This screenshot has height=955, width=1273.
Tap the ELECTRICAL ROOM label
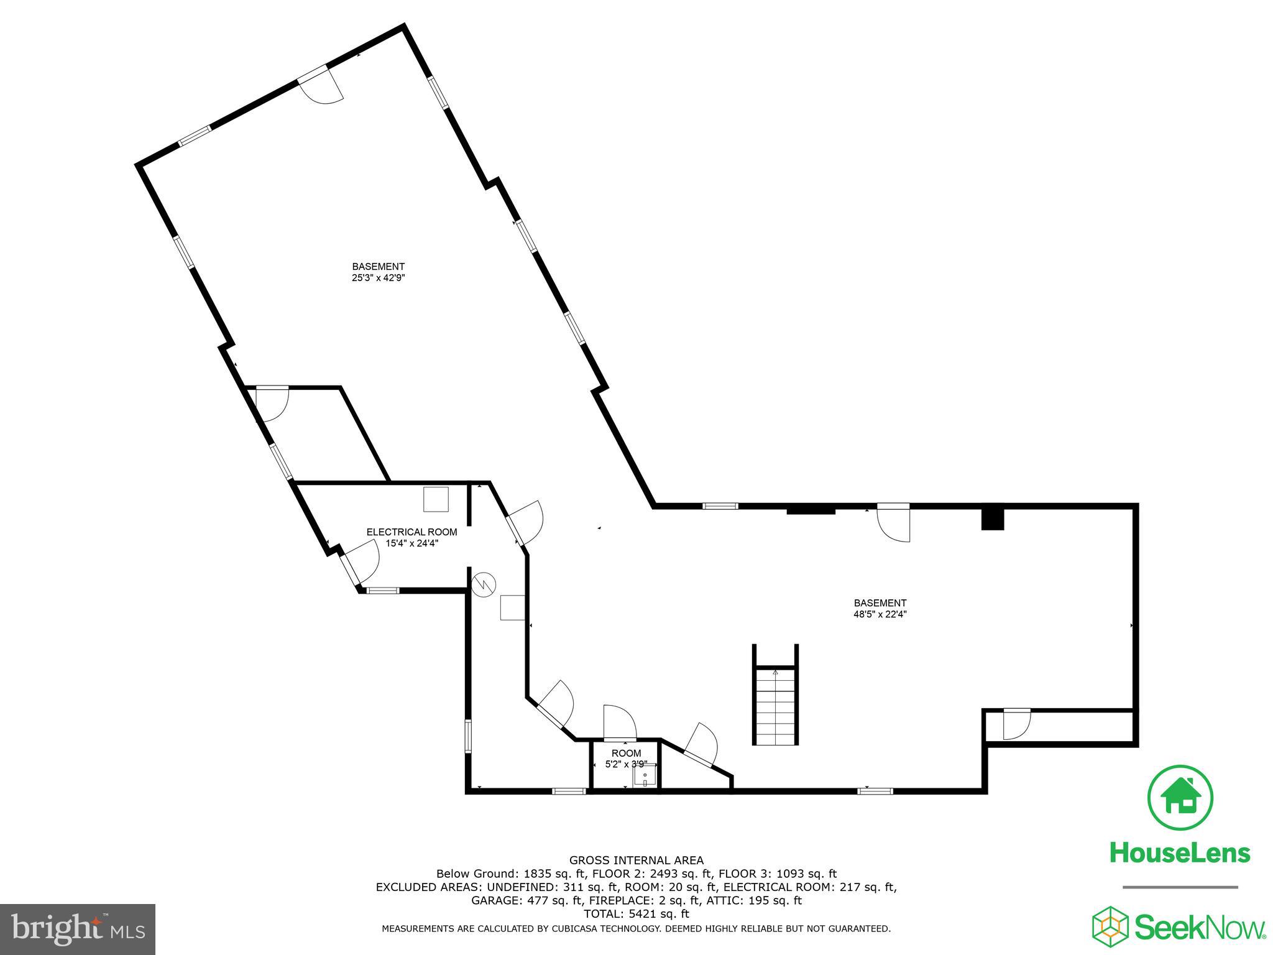tap(411, 532)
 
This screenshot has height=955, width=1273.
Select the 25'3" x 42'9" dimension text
tap(379, 279)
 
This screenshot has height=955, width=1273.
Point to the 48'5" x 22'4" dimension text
tap(880, 614)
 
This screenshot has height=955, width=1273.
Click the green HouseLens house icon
tap(1180, 798)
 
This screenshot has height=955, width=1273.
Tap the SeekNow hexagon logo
tap(1111, 926)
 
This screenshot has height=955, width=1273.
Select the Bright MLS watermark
tap(78, 930)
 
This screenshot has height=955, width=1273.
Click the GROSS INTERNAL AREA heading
tap(636, 860)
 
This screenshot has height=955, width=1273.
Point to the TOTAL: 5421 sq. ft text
tap(636, 914)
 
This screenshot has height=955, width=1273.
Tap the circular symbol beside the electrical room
tap(484, 584)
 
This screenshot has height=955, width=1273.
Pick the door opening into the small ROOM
tap(620, 722)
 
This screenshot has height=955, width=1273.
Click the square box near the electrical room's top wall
tap(436, 499)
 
